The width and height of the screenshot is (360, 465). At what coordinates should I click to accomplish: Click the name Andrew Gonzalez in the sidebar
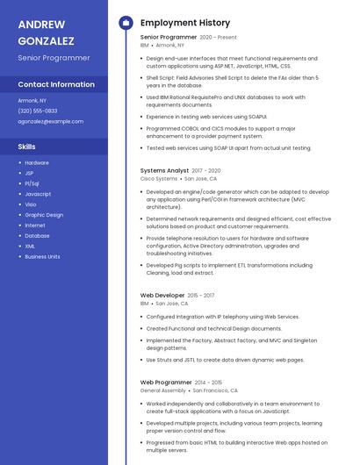click(x=46, y=32)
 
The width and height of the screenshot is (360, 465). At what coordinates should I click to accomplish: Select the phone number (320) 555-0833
click(x=38, y=111)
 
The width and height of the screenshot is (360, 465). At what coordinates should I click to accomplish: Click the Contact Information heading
click(x=56, y=84)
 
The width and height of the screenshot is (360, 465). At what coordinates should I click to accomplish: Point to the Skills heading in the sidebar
click(x=27, y=147)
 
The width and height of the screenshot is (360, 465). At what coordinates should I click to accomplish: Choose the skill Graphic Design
click(x=44, y=214)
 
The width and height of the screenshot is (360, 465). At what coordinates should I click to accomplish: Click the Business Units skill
click(x=42, y=256)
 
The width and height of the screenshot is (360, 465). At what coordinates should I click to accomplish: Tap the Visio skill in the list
click(x=31, y=204)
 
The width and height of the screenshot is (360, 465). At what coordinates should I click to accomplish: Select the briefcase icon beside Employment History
click(x=125, y=22)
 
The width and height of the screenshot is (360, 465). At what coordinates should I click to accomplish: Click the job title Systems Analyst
click(x=164, y=170)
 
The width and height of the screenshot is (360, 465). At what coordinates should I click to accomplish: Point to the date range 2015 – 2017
click(x=201, y=296)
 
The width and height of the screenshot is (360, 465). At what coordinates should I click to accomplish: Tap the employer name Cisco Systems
click(x=159, y=178)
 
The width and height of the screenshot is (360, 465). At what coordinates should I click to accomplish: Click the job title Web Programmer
click(x=165, y=383)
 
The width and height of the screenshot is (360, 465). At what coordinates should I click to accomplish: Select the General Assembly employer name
click(x=162, y=390)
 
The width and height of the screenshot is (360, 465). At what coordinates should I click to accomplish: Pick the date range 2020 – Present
click(x=219, y=38)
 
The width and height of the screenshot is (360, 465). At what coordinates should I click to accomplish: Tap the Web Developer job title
click(x=162, y=296)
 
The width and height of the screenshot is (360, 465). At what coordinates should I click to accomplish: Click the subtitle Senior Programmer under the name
click(x=54, y=57)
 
